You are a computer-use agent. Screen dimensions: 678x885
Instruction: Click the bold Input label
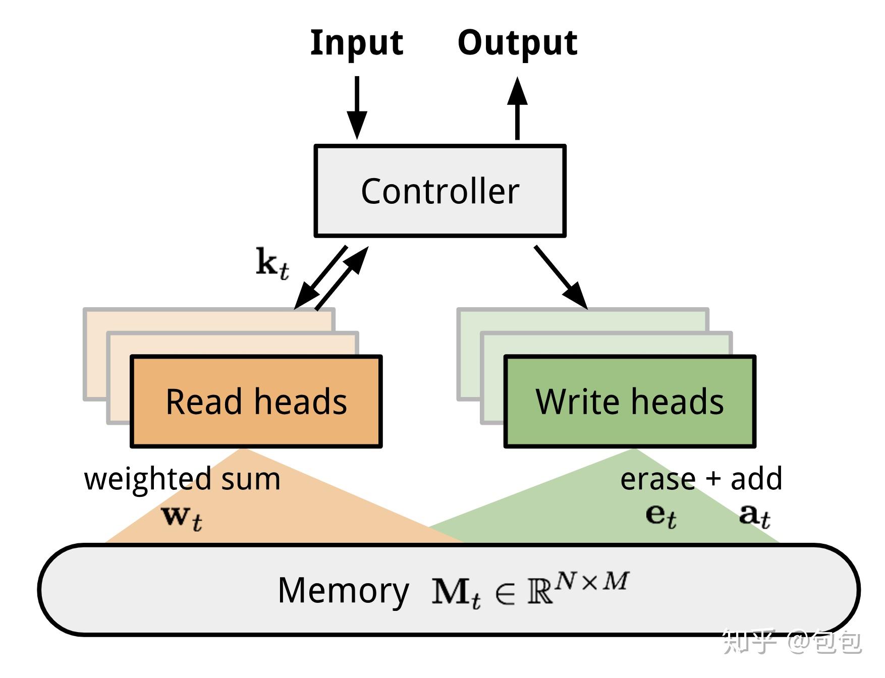coord(356,42)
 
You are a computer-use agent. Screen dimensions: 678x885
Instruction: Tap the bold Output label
coord(517,42)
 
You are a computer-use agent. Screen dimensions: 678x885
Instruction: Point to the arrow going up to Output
coord(517,108)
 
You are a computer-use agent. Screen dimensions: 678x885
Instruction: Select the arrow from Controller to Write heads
coord(561,277)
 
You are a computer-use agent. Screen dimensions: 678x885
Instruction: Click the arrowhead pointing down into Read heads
coord(303,301)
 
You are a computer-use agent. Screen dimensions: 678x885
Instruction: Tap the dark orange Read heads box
coord(256,402)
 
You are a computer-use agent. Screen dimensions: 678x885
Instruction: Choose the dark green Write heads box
coord(630,402)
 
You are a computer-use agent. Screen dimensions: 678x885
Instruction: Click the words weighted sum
coord(182,479)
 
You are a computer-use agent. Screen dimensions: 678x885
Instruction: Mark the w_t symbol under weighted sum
coord(182,518)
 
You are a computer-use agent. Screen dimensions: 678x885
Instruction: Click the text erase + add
coord(701,479)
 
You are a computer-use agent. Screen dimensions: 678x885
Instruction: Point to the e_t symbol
coord(660,516)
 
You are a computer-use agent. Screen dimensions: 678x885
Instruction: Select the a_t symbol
coord(754,516)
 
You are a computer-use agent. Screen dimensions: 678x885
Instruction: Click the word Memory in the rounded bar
coord(343,590)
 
